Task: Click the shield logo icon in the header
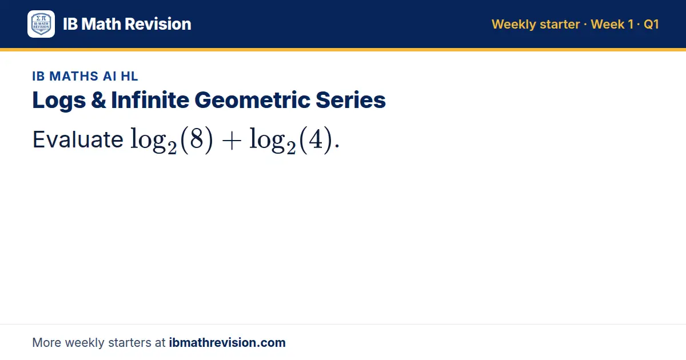tap(41, 24)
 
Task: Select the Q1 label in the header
tap(651, 24)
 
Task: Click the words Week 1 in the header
tap(612, 24)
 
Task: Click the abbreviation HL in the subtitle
tap(129, 76)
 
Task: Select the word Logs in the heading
tap(59, 101)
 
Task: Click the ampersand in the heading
tap(98, 100)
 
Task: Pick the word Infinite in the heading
tap(150, 100)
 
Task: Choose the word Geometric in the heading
tap(252, 101)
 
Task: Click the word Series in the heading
tap(350, 100)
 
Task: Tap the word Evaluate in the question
tap(78, 139)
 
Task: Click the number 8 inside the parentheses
tap(197, 139)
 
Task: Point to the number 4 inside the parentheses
tap(316, 139)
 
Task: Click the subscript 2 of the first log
tap(172, 148)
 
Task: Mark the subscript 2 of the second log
tap(291, 148)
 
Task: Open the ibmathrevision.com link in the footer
tap(228, 342)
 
